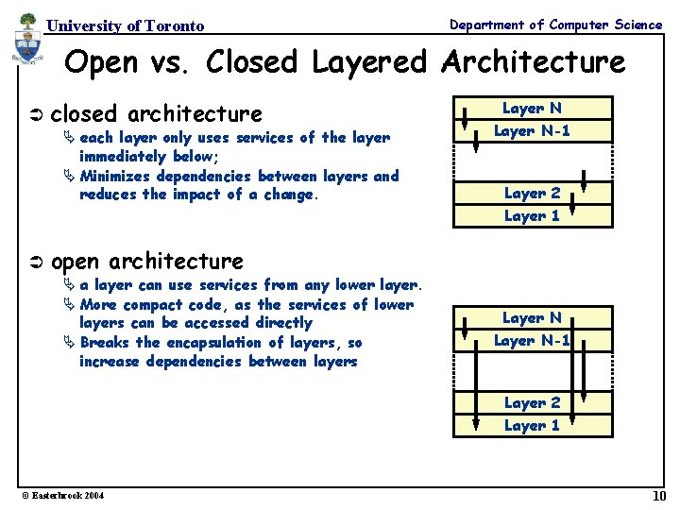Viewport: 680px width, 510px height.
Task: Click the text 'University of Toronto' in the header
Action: pyautogui.click(x=126, y=25)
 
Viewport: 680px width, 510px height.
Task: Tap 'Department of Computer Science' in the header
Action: pyautogui.click(x=555, y=25)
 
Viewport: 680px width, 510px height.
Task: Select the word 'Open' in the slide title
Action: pyautogui.click(x=101, y=63)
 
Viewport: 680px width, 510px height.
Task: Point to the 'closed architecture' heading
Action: pyautogui.click(x=156, y=114)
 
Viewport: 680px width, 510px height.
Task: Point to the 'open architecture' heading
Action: pyautogui.click(x=146, y=262)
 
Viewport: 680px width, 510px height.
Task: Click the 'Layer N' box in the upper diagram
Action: pyautogui.click(x=532, y=109)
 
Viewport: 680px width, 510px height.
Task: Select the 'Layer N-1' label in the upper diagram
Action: pyautogui.click(x=532, y=131)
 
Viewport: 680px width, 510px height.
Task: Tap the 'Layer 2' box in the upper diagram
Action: pyautogui.click(x=532, y=193)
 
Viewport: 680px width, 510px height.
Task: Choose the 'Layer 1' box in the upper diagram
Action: pyautogui.click(x=532, y=215)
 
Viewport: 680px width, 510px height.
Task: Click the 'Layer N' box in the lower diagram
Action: pyautogui.click(x=532, y=318)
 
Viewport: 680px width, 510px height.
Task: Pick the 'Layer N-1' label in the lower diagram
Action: pyautogui.click(x=532, y=341)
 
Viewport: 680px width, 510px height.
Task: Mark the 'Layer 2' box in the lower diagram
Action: pyautogui.click(x=532, y=402)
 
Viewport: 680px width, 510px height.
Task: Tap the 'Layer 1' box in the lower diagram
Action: pyautogui.click(x=532, y=425)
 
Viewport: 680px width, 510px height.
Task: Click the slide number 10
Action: pyautogui.click(x=658, y=497)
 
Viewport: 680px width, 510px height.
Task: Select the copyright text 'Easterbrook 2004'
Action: pyautogui.click(x=60, y=497)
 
